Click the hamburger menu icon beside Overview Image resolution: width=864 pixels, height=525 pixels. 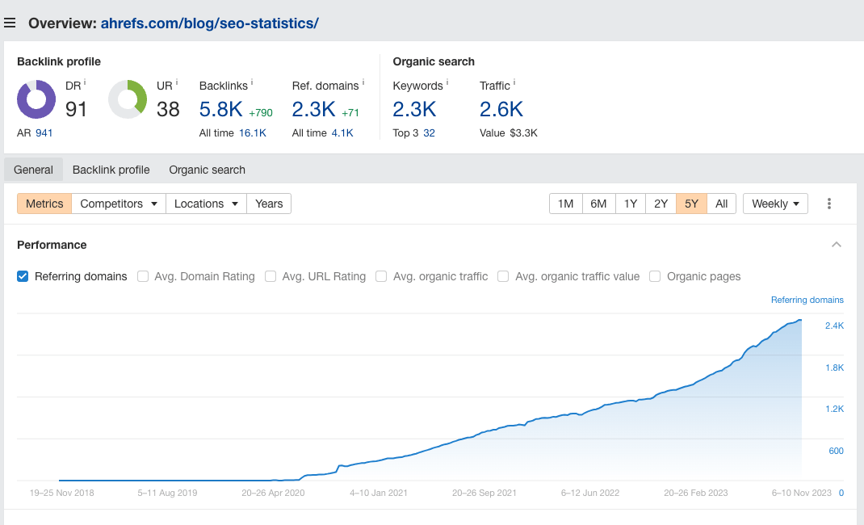pos(10,23)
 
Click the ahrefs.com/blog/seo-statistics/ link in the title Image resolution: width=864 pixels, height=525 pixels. pos(209,23)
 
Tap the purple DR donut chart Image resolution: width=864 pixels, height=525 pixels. pos(36,99)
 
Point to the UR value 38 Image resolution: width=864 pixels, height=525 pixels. pos(168,109)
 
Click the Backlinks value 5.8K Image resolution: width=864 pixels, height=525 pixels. pos(220,109)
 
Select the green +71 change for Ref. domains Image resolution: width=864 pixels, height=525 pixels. pos(350,112)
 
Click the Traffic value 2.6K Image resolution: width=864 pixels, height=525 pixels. pos(501,109)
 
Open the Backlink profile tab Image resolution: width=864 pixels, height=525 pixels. pos(111,170)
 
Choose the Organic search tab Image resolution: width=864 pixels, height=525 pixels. pos(207,170)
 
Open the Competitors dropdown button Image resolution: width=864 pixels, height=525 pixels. pos(119,204)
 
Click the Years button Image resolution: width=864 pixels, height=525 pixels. pos(269,204)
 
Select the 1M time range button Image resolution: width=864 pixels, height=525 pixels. pos(566,204)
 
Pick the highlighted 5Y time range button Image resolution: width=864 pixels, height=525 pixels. pos(691,204)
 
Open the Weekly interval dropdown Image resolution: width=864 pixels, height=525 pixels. pos(775,204)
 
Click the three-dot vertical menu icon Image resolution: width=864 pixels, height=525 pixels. pos(828,204)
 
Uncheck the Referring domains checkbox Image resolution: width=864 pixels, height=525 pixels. pos(23,276)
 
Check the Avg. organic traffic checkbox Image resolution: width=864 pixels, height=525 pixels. pos(381,276)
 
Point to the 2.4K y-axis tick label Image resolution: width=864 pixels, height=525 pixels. pos(834,325)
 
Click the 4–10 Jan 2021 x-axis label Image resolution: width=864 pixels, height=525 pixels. pos(379,492)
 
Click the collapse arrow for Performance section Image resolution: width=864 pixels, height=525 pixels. pos(837,245)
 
